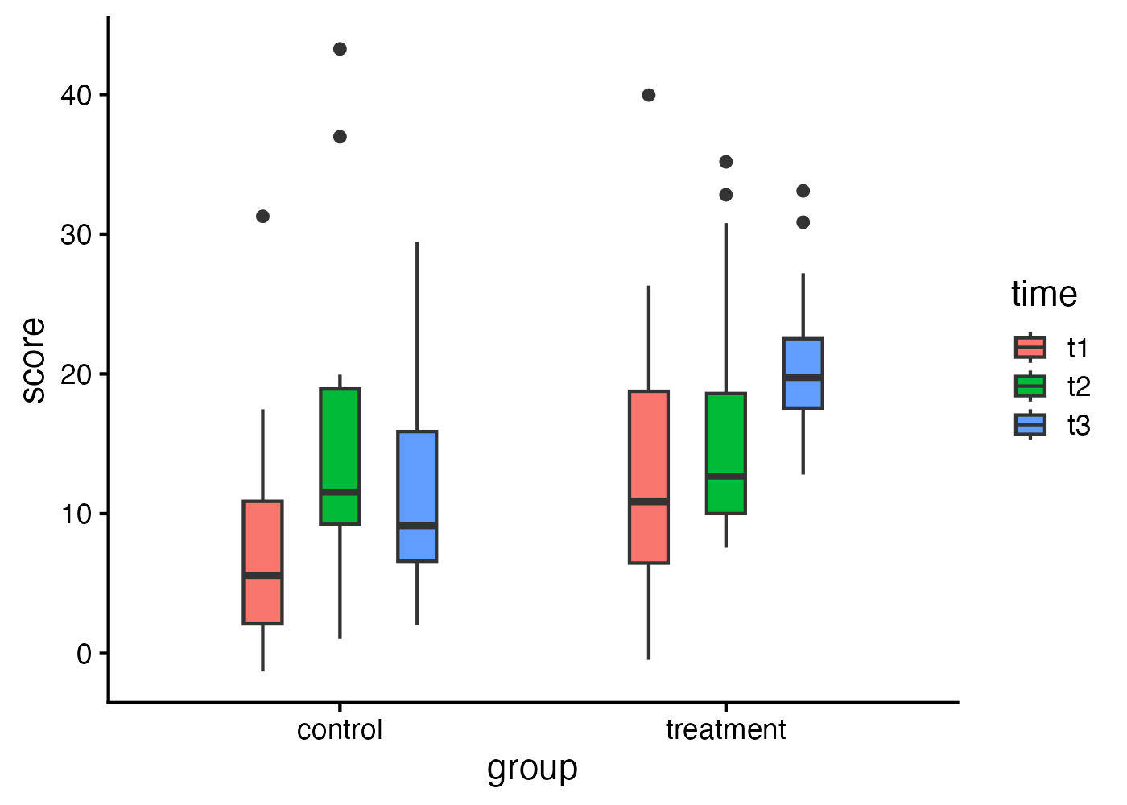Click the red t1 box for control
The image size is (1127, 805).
[262, 562]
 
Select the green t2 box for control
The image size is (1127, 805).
[340, 456]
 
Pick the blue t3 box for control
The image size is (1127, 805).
[417, 496]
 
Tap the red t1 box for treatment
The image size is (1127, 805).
[648, 477]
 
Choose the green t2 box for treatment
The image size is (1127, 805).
[725, 453]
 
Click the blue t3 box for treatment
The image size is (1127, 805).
[803, 374]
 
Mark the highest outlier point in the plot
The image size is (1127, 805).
[340, 49]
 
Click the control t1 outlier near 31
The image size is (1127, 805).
[262, 216]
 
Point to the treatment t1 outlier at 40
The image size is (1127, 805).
[648, 95]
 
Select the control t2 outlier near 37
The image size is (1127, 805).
[340, 137]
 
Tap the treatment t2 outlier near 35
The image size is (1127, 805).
[725, 162]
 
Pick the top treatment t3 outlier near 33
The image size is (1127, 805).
[803, 191]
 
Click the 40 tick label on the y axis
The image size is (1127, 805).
[76, 95]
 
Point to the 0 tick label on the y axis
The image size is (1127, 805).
[85, 654]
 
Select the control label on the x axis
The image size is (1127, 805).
[340, 730]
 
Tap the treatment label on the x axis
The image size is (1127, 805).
[725, 730]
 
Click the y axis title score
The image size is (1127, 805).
[34, 360]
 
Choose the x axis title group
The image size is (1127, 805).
[532, 769]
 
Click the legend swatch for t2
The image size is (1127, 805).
[1030, 386]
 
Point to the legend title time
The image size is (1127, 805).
[1043, 295]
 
